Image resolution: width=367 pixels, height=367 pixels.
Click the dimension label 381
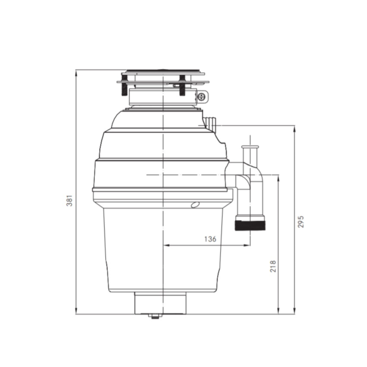70,201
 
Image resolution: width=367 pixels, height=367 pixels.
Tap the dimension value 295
301,221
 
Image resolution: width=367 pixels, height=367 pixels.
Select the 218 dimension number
273,266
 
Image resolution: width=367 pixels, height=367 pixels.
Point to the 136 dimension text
210,239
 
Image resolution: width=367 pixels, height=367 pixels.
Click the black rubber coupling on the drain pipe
250,225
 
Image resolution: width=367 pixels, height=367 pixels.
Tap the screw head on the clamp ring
202,97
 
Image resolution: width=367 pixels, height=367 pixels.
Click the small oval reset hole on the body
195,205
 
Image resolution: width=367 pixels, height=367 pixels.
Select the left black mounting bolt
125,86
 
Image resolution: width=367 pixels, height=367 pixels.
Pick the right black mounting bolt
182,85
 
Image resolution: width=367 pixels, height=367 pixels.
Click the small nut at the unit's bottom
155,317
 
